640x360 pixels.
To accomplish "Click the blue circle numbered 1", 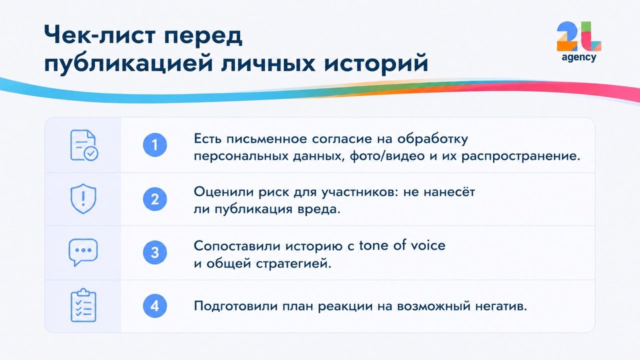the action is (x=155, y=145).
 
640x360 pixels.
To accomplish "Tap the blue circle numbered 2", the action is (x=155, y=199).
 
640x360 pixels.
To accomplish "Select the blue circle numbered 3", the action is (x=155, y=252).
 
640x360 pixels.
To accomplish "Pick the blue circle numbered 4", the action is (x=155, y=306).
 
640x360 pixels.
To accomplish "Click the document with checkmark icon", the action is (x=83, y=145).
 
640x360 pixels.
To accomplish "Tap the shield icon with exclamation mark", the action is (x=83, y=198).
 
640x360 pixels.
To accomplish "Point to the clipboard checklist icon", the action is (x=83, y=305).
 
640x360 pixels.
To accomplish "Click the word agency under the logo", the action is (x=579, y=57).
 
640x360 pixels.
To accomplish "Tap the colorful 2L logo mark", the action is (x=579, y=36).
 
